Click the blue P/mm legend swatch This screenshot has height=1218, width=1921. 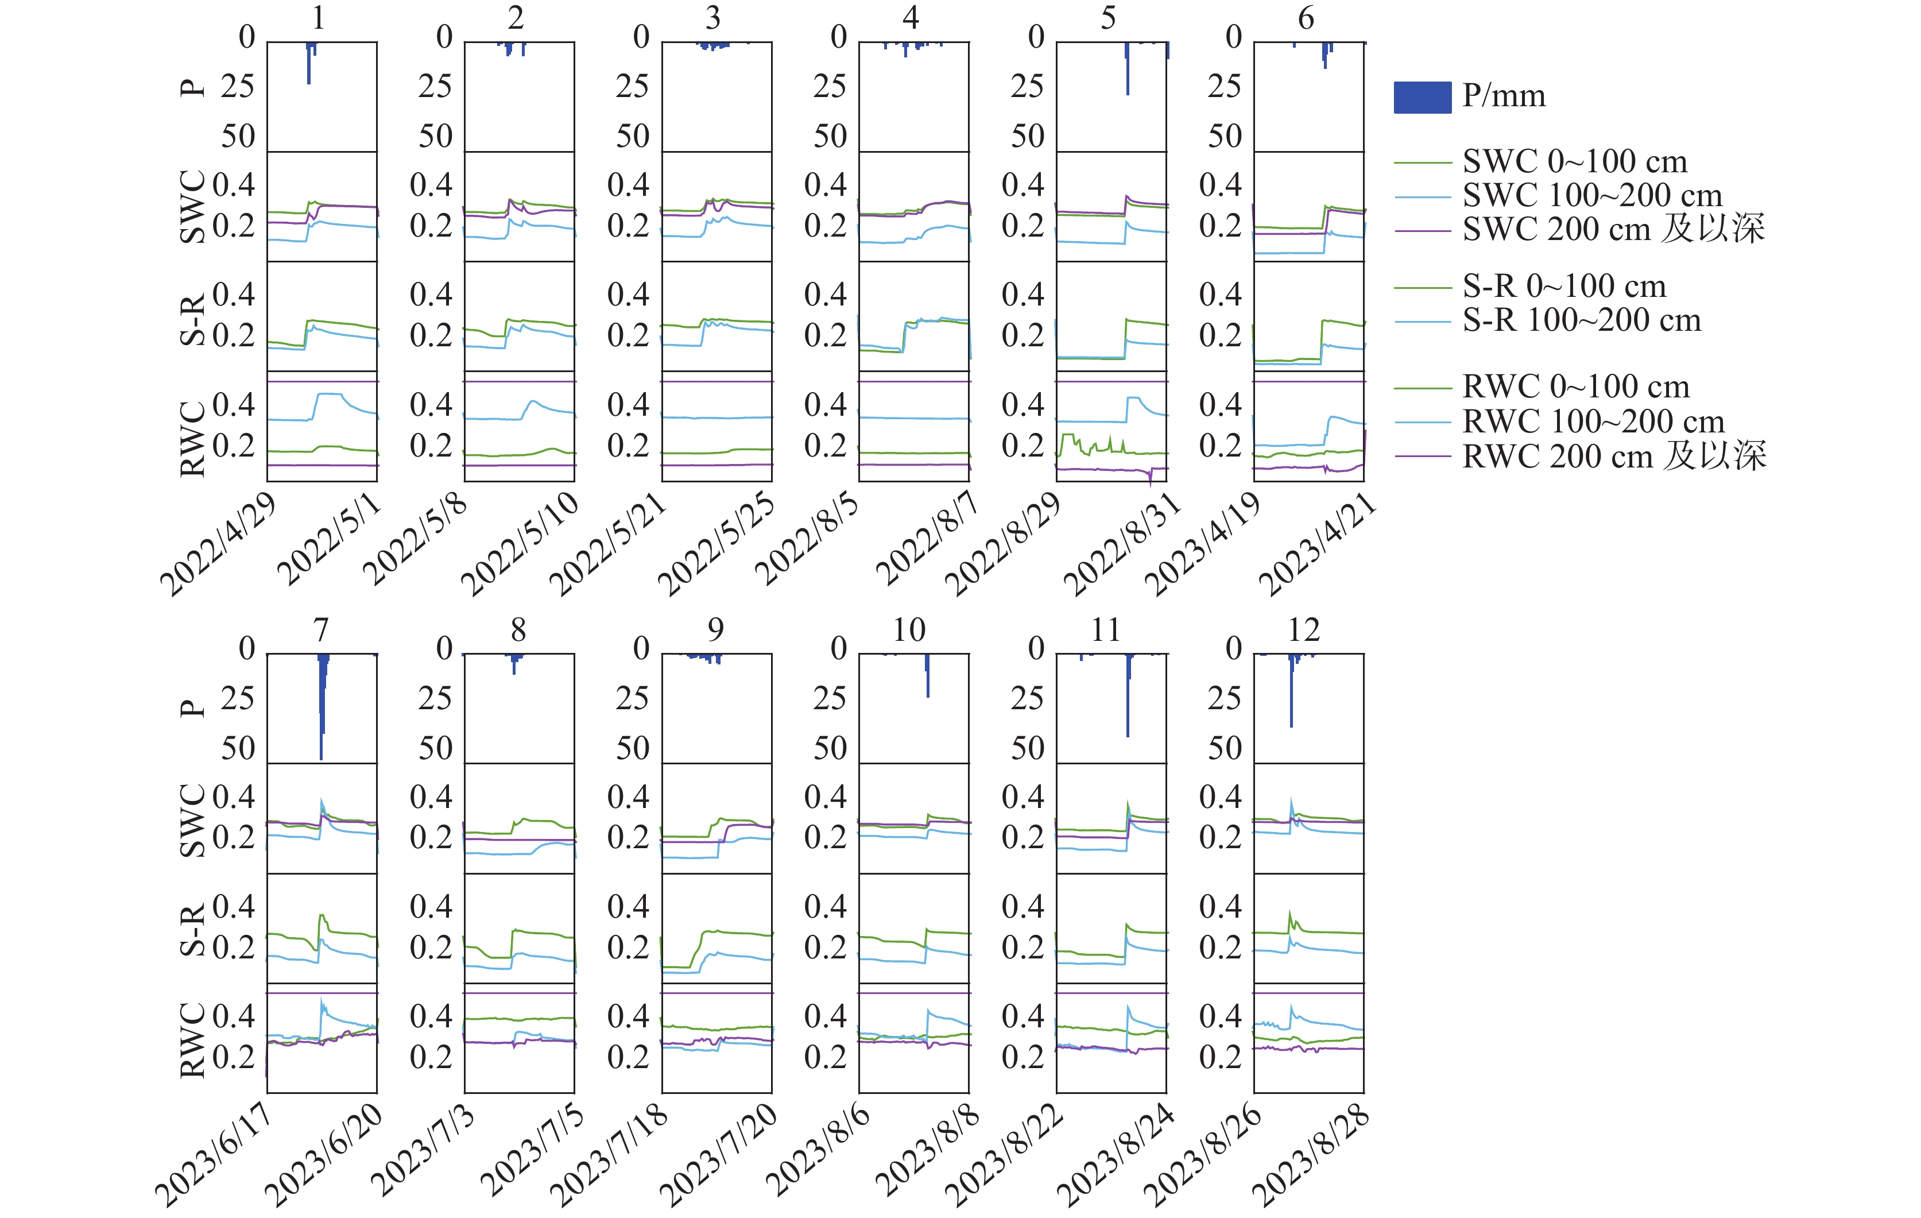(1422, 98)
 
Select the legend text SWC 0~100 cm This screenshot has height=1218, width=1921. (1574, 162)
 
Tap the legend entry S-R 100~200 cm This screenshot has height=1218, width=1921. (1581, 321)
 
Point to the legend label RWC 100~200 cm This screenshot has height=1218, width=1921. (1593, 422)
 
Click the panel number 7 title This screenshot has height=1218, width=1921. (321, 631)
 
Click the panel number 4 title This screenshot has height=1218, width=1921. (910, 18)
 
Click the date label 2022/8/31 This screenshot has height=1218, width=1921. (1122, 544)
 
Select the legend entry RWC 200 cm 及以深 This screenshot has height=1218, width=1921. (1613, 457)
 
